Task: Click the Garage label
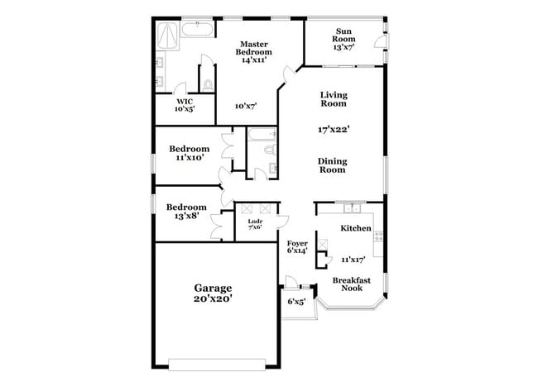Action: tap(213, 288)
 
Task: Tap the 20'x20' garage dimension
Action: tap(213, 300)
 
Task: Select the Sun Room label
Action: tap(343, 35)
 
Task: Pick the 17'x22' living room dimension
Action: tap(334, 129)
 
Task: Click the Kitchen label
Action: tap(355, 227)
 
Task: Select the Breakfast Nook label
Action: tap(352, 284)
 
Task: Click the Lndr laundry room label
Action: tap(254, 222)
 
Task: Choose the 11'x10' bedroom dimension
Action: tap(189, 157)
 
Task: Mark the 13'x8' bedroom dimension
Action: tap(187, 216)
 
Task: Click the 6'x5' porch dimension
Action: tap(296, 302)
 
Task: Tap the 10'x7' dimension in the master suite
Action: tap(245, 106)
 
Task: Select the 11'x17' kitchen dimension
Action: tap(353, 259)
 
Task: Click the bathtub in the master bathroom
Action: tap(196, 31)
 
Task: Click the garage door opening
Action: tap(217, 360)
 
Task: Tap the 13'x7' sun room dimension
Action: tap(343, 47)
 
